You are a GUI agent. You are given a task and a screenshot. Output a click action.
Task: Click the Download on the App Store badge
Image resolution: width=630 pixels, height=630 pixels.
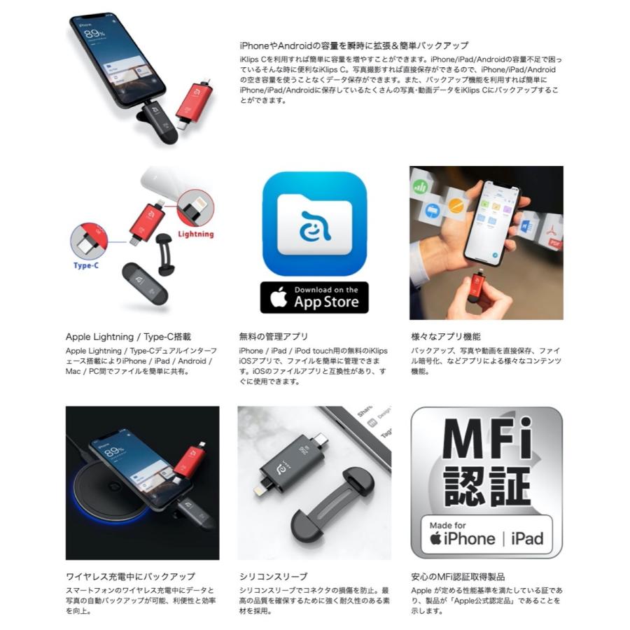pos(314,297)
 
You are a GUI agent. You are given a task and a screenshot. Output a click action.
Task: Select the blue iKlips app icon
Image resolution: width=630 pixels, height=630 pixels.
pos(314,223)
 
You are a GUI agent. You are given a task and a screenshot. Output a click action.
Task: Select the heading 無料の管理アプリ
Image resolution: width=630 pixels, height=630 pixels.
pos(273,337)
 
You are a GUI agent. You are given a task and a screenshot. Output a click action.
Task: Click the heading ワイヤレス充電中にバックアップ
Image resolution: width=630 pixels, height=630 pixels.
pos(130,576)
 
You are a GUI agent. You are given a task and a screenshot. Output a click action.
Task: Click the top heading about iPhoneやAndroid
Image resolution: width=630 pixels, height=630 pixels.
pos(353,45)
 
